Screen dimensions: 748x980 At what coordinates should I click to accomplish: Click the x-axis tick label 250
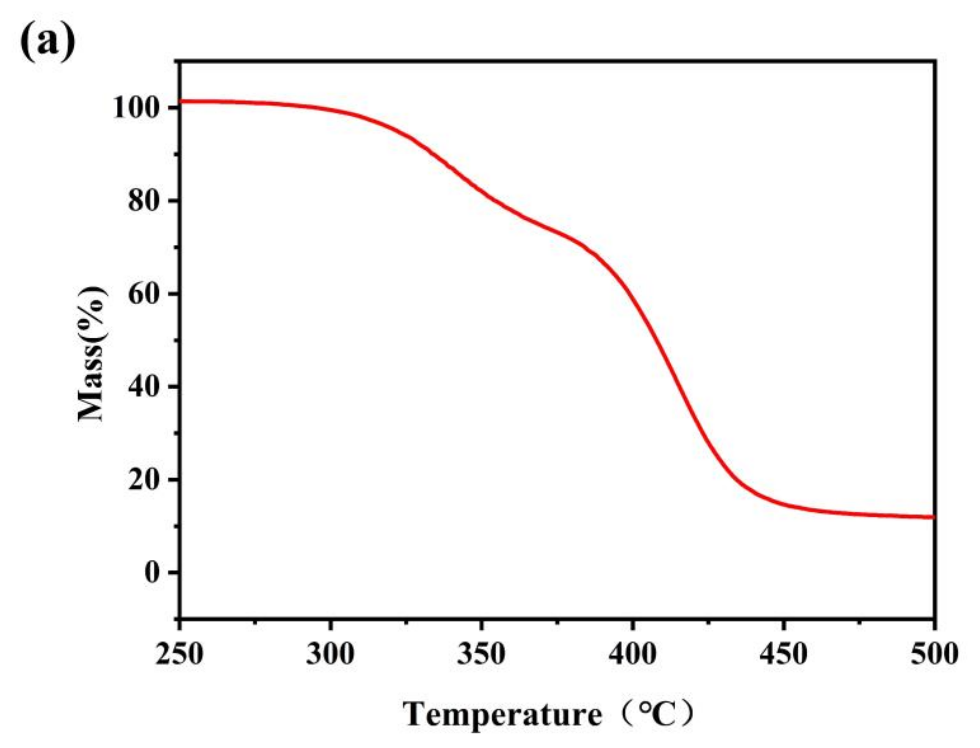tap(179, 654)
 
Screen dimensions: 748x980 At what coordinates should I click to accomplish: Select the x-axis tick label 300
tap(330, 654)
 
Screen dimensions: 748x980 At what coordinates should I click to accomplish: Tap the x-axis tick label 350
tap(481, 654)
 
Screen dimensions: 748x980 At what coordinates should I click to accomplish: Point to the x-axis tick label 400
tap(632, 654)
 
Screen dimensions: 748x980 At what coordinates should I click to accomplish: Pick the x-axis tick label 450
tap(783, 654)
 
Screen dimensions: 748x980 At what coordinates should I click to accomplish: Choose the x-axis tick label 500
tap(934, 654)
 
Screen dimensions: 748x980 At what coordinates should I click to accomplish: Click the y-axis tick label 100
tap(136, 108)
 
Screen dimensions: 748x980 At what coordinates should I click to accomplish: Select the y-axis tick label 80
tap(144, 201)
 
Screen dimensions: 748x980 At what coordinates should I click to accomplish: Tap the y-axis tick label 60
tap(144, 294)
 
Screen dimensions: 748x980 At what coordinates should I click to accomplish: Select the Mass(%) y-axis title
tap(92, 354)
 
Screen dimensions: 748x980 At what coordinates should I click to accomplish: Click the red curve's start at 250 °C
tap(180, 101)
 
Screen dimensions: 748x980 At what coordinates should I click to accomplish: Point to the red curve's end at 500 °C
tap(933, 517)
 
